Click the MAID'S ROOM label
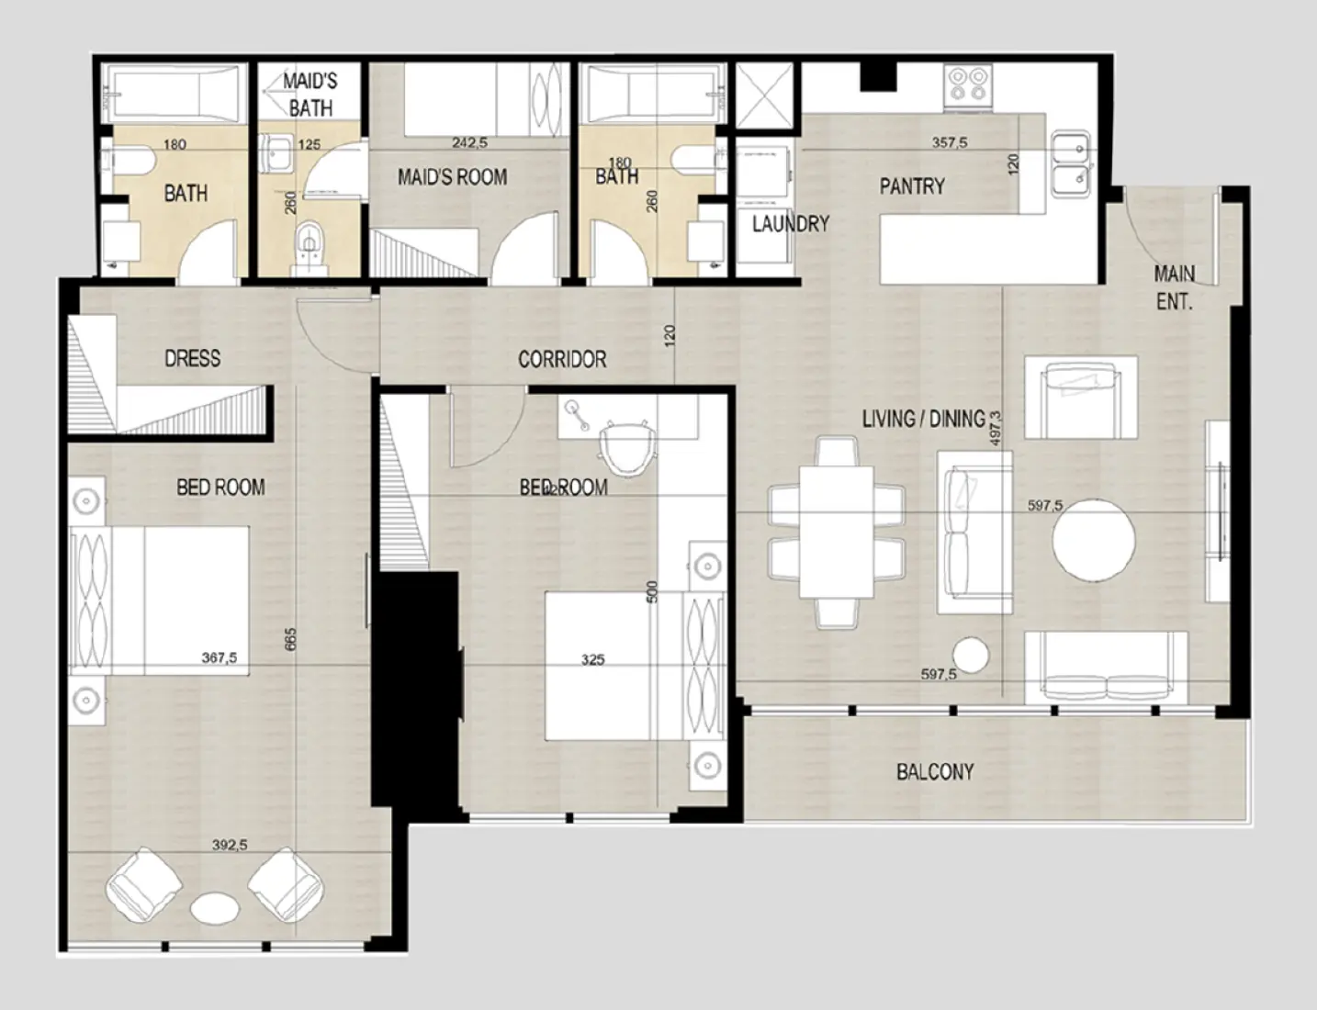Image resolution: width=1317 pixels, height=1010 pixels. coord(452,177)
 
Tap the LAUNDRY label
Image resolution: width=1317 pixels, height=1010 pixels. coord(790,224)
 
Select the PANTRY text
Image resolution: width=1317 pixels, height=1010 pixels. coord(911,186)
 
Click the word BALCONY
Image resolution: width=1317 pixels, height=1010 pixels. coord(934,772)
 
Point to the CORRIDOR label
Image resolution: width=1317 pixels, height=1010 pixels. coord(562,360)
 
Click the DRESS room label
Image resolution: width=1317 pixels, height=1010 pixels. coord(192,358)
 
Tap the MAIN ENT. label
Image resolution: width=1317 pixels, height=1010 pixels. coord(1174,287)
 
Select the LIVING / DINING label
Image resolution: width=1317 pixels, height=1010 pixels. coord(923,420)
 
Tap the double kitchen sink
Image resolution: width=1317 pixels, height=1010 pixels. coord(1071,163)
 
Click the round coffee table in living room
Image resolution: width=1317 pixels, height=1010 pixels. coord(1094,538)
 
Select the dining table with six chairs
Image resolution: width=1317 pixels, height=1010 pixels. coord(836,533)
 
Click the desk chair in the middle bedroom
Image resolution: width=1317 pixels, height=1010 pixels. coord(627,448)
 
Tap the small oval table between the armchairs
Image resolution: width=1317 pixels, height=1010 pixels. coord(215,907)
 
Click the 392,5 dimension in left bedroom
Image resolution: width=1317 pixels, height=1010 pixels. coord(230,846)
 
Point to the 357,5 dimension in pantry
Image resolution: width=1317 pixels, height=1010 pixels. coord(950,143)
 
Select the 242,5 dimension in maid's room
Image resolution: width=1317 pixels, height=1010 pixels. coord(469,143)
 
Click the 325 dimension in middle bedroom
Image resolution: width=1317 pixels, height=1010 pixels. coord(592,659)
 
